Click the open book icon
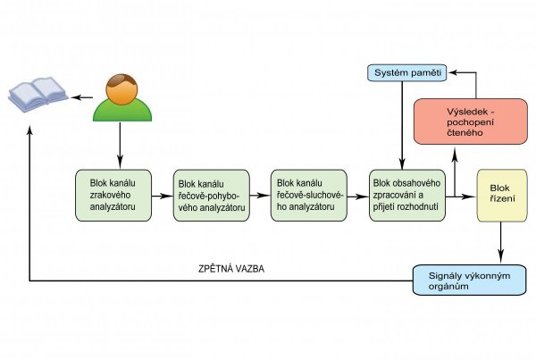point(38,95)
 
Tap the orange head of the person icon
point(120,87)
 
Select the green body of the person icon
point(120,111)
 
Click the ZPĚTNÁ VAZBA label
point(231,269)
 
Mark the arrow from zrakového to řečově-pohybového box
point(163,195)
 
